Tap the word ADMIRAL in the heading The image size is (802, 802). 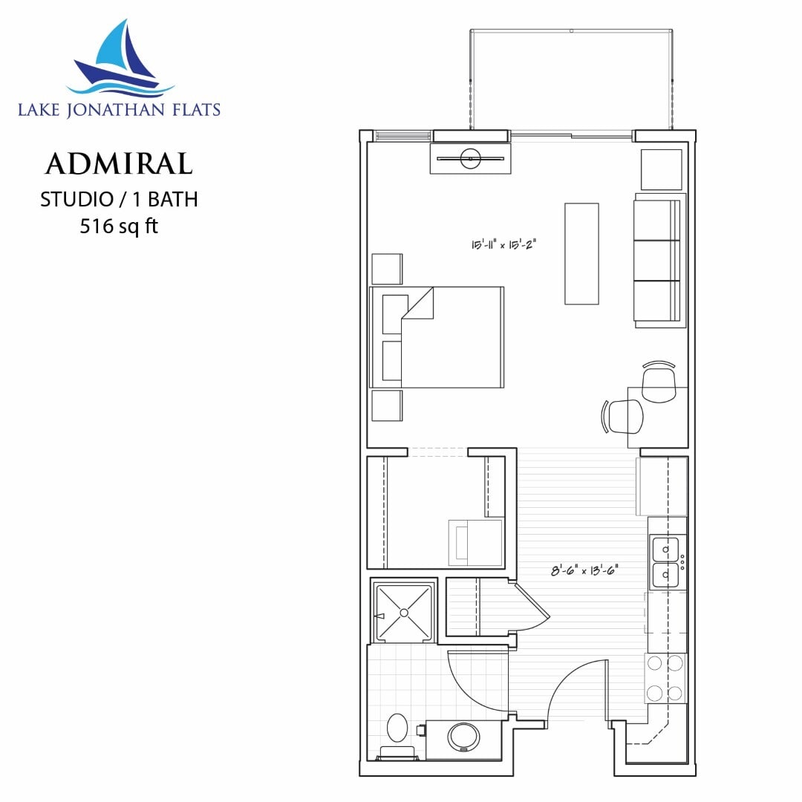click(x=119, y=164)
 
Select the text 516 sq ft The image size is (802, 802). click(x=119, y=226)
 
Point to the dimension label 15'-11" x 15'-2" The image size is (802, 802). click(x=505, y=244)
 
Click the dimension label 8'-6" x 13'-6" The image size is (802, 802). click(x=584, y=571)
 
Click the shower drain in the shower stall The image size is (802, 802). click(x=404, y=613)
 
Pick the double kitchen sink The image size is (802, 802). click(x=665, y=562)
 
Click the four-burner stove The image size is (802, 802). click(x=665, y=679)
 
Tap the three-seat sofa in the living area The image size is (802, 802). click(x=659, y=260)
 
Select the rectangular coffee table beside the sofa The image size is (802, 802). click(x=581, y=253)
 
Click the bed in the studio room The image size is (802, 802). click(x=438, y=337)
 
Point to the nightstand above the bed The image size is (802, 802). click(x=387, y=269)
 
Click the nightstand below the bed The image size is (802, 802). click(x=387, y=405)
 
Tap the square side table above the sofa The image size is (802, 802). click(x=661, y=169)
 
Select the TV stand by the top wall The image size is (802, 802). click(x=470, y=158)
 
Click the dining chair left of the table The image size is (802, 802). click(x=625, y=417)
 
